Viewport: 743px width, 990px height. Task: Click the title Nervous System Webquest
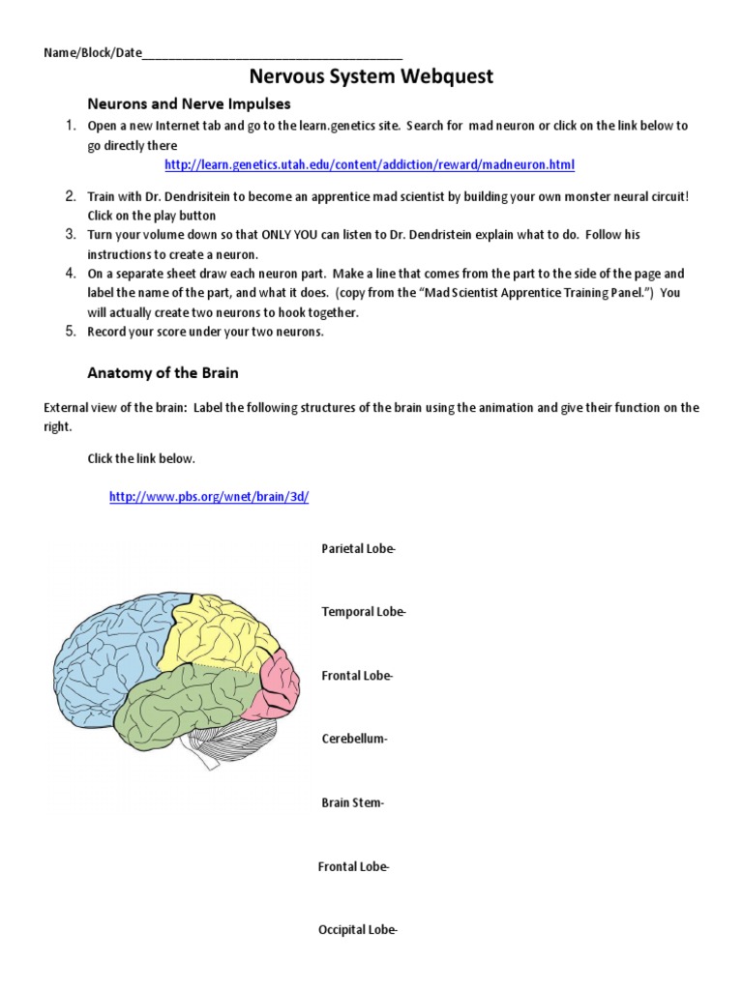tap(371, 76)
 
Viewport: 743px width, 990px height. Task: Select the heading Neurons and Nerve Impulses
tap(189, 103)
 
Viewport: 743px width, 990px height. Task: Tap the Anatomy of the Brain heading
tap(163, 372)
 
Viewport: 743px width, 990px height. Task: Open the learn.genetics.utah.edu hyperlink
tap(369, 165)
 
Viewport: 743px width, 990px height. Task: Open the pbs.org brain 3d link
tap(209, 497)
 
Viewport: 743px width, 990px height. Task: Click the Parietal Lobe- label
tap(358, 549)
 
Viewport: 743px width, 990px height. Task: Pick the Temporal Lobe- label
tap(364, 612)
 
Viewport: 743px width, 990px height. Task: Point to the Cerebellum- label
tap(354, 740)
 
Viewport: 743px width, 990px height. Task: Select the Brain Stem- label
tap(352, 803)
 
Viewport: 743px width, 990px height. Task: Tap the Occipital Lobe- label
tap(357, 930)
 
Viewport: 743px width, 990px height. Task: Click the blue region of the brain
tap(106, 657)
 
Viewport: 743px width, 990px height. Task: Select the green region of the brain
tap(184, 706)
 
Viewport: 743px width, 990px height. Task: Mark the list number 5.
tap(71, 332)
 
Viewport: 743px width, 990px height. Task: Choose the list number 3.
tap(71, 235)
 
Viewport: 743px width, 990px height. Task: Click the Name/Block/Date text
tap(92, 52)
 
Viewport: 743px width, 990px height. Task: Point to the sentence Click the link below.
tap(141, 458)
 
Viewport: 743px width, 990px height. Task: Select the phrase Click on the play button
tap(152, 216)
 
